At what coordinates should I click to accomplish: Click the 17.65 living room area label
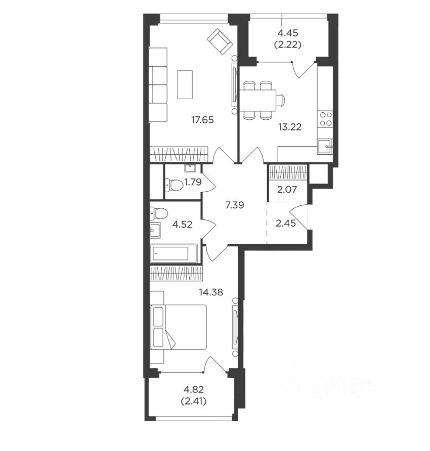203,120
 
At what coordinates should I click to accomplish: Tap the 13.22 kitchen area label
290,127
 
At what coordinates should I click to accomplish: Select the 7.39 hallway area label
235,205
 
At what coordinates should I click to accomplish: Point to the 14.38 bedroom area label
211,292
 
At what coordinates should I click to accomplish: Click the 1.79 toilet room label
193,182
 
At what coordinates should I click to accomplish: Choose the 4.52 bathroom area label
182,224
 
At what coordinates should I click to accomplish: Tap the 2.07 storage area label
287,190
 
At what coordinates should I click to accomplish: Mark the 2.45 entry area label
285,223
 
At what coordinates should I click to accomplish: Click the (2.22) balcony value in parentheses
288,45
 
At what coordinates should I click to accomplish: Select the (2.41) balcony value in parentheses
194,401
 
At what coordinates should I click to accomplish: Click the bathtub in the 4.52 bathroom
174,253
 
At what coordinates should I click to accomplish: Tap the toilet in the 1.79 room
174,185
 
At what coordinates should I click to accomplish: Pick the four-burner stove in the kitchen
325,119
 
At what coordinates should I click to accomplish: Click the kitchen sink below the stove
325,147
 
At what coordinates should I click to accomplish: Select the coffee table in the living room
185,84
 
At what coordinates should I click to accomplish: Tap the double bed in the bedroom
179,327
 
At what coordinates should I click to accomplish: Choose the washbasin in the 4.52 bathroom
155,231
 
